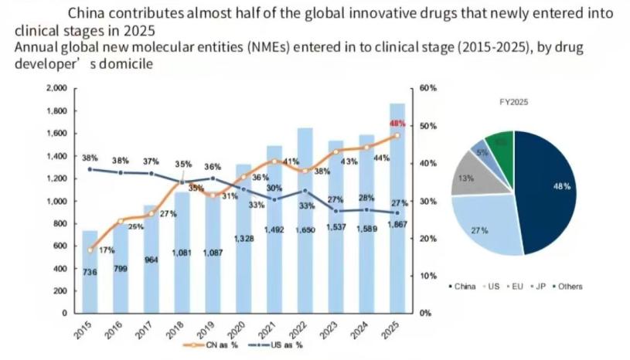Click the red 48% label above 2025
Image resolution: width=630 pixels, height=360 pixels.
[398, 124]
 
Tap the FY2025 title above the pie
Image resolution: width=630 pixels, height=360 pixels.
[514, 102]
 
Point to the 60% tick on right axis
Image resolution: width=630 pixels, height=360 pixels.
[428, 89]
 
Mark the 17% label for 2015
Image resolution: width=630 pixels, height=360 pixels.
[107, 250]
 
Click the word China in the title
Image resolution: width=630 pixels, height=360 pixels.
[89, 13]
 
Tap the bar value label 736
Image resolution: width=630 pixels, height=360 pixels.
[90, 271]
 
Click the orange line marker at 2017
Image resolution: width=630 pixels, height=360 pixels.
[152, 214]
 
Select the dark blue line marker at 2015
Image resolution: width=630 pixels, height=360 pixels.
[90, 169]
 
